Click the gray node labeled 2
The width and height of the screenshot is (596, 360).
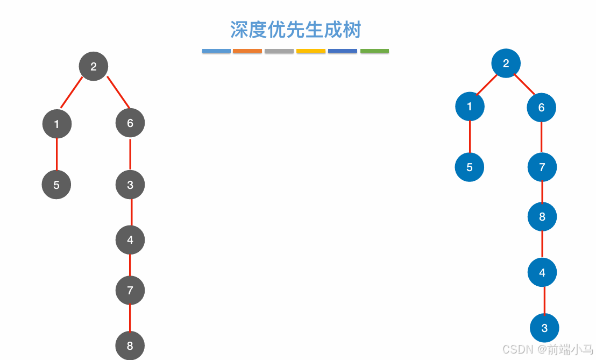click(94, 66)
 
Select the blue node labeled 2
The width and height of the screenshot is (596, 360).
click(506, 63)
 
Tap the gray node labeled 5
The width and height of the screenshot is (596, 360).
click(56, 185)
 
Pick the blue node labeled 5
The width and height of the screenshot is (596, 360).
click(470, 167)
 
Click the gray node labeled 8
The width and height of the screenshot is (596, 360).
click(130, 345)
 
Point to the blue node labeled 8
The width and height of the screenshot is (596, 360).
click(542, 216)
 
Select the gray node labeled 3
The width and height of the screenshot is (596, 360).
click(130, 185)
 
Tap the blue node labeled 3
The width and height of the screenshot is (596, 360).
click(544, 328)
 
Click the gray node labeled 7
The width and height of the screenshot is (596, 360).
click(130, 291)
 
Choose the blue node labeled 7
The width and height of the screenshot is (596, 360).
click(542, 167)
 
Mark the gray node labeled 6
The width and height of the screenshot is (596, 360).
click(130, 123)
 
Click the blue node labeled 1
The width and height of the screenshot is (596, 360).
click(470, 106)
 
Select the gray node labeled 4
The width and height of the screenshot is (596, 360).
click(130, 239)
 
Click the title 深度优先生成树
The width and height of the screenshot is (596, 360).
click(295, 30)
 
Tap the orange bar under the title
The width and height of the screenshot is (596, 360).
click(247, 51)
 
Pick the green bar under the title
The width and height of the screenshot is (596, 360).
click(374, 51)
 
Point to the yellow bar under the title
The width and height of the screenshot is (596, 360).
click(311, 51)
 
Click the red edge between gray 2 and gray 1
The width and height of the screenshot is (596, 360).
click(72, 93)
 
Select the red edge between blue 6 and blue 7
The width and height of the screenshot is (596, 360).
click(542, 137)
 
